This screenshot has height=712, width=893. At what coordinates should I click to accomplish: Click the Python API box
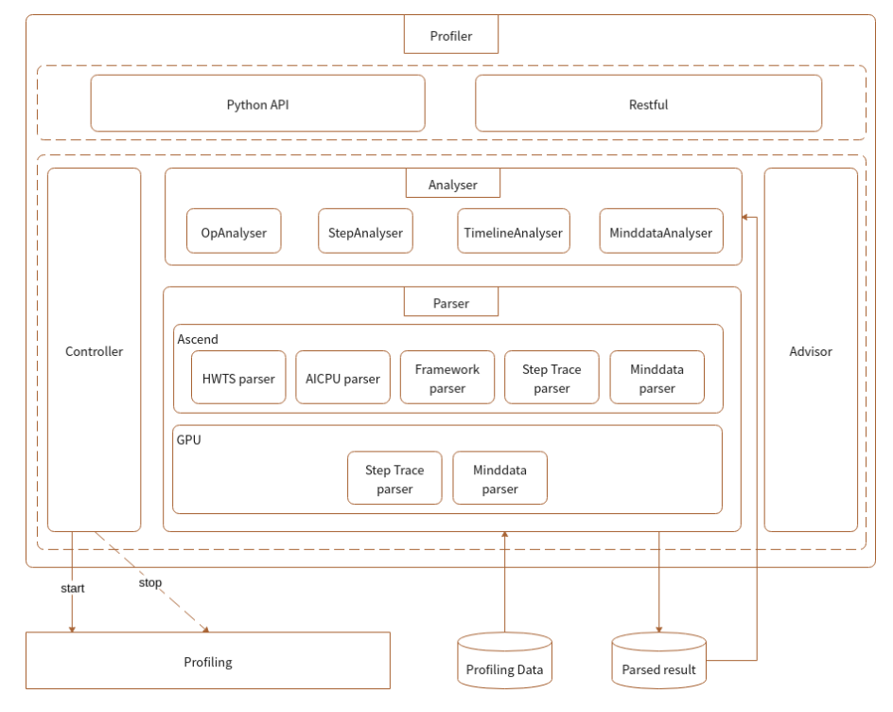pos(257,103)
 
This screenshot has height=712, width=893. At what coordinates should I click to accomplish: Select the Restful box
pos(648,103)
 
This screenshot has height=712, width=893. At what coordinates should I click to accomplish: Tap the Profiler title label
pos(450,36)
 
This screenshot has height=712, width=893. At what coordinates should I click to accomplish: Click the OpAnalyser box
pos(234,232)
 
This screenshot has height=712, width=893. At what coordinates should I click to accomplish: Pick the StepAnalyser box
pos(365,232)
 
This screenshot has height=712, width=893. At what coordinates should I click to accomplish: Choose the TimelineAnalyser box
pos(513,232)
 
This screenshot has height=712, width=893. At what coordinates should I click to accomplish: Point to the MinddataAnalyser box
pos(660,232)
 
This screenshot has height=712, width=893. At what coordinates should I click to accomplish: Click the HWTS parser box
pos(238,378)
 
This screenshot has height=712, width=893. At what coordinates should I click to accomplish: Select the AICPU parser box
pos(342,378)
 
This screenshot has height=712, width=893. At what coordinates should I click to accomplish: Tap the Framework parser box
pos(447,378)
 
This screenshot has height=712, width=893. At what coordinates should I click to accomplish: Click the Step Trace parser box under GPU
pos(394,478)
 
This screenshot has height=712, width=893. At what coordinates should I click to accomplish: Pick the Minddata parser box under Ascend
pos(657,378)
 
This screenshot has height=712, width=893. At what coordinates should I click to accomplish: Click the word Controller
pos(94,351)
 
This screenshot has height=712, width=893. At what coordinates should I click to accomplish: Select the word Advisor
pos(811,351)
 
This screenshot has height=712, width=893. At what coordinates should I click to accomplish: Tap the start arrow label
pos(72,588)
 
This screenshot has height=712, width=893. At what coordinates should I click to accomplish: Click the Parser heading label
pos(450,303)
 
